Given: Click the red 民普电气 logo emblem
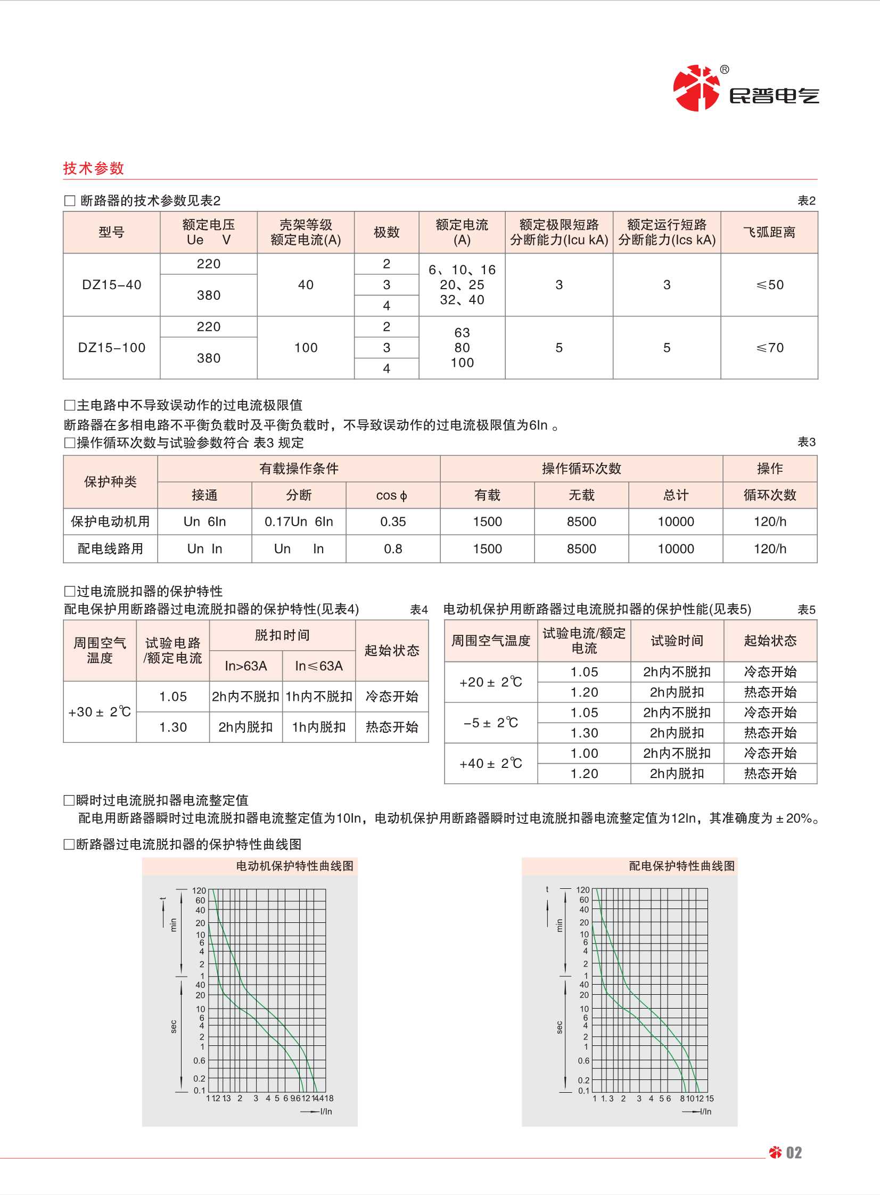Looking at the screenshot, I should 696,88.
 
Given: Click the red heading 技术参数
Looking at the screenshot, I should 93,168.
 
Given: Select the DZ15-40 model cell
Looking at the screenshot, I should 111,285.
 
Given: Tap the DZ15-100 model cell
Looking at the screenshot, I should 111,348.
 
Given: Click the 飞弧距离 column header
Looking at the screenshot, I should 769,232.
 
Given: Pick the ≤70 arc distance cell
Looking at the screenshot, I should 770,348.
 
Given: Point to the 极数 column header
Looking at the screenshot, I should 386,232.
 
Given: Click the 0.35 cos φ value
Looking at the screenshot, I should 392,521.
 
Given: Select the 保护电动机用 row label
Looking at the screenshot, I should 110,521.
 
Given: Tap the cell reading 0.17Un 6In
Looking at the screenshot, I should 298,521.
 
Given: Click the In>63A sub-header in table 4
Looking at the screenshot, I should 245,666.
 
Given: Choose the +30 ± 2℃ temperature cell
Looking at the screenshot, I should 100,712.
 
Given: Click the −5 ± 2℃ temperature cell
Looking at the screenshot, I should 491,723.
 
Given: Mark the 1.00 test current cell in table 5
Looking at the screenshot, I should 584,754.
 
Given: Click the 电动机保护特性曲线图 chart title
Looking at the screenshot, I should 294,866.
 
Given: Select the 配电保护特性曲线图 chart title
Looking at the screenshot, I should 681,866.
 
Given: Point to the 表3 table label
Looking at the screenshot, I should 806,442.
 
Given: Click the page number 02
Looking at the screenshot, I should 794,1153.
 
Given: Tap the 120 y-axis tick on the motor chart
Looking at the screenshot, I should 199,890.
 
